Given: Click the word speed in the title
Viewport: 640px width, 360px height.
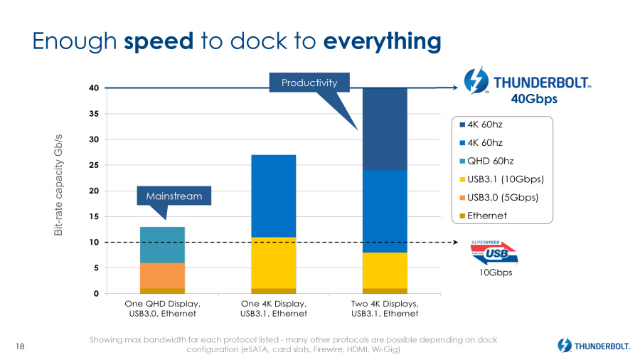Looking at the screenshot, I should tap(159, 41).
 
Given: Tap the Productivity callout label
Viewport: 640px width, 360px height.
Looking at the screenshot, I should tap(309, 83).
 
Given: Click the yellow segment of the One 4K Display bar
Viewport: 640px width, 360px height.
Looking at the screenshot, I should tap(273, 263).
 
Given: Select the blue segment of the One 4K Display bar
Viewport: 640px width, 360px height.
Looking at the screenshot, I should tap(273, 196).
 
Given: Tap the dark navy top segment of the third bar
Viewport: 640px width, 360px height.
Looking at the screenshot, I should tap(385, 128).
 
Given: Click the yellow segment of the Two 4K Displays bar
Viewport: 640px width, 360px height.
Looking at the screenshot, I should tap(385, 270).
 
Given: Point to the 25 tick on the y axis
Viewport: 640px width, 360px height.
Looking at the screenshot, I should tap(92, 165).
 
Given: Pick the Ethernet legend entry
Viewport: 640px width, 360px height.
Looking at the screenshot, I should tap(487, 215).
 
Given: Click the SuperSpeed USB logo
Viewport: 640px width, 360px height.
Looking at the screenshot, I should tap(493, 252).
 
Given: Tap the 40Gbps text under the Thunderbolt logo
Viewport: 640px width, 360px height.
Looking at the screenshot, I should tap(535, 100).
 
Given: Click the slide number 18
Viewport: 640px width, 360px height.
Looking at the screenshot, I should tap(19, 346).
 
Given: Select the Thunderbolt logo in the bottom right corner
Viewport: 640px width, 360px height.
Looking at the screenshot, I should tap(594, 346).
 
